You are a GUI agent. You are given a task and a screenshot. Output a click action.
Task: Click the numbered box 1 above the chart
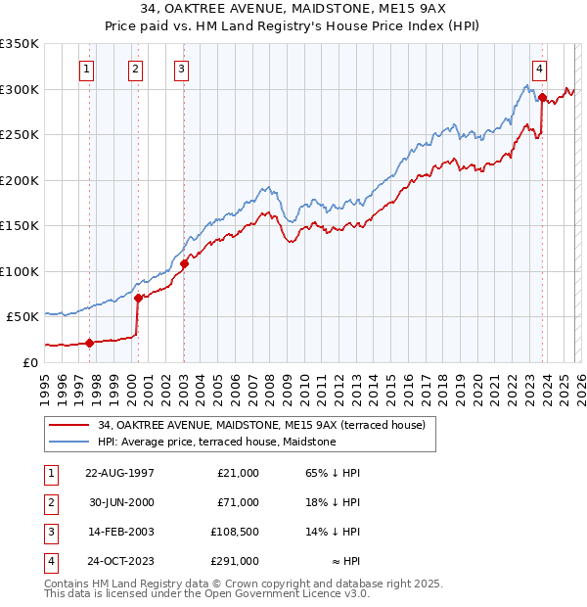click(88, 69)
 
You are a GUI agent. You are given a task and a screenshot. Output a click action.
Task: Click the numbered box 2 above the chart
click(135, 69)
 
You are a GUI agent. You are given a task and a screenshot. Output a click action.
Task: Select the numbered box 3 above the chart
click(182, 69)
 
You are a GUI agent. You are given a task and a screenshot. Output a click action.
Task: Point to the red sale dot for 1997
click(90, 343)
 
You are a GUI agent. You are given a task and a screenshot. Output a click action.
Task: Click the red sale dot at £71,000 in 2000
click(139, 297)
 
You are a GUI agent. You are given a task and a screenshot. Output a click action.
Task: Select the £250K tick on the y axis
click(20, 134)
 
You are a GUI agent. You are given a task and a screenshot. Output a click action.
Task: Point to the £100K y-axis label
click(20, 271)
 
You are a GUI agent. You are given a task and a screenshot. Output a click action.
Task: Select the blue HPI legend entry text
click(216, 443)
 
